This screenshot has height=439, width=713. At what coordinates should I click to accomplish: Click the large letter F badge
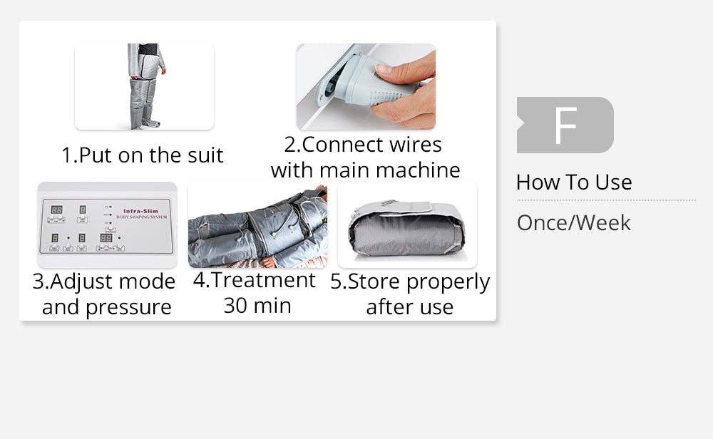(565, 125)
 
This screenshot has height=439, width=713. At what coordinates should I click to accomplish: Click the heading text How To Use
(574, 182)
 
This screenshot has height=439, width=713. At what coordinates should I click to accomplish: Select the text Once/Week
(574, 223)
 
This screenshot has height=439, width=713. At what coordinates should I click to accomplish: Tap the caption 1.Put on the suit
(143, 155)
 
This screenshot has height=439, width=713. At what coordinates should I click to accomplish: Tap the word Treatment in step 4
(263, 280)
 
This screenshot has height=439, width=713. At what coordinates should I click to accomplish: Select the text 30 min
(257, 306)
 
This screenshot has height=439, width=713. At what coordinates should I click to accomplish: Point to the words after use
(409, 307)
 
